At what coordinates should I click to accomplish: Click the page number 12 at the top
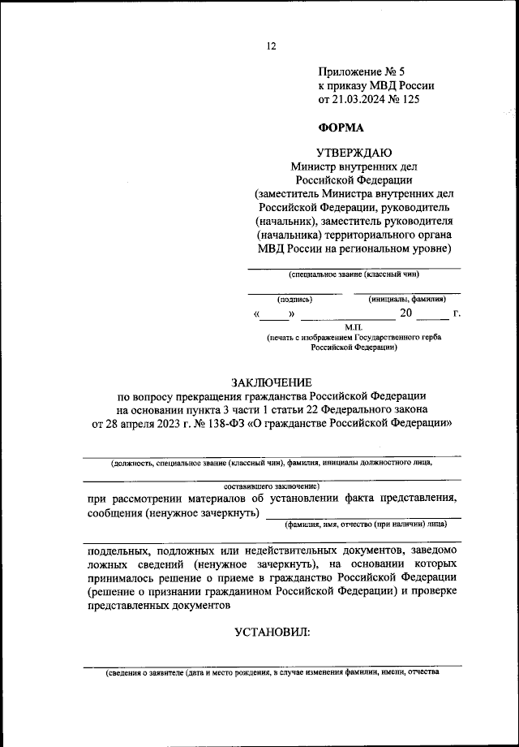271,46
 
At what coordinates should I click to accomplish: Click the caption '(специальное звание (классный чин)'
354,276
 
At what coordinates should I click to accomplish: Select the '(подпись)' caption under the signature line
294,299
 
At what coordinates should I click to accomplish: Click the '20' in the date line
405,313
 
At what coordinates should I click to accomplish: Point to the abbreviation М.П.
354,326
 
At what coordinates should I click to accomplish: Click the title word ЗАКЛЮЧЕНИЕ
271,382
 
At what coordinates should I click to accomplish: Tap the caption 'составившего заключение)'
272,485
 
